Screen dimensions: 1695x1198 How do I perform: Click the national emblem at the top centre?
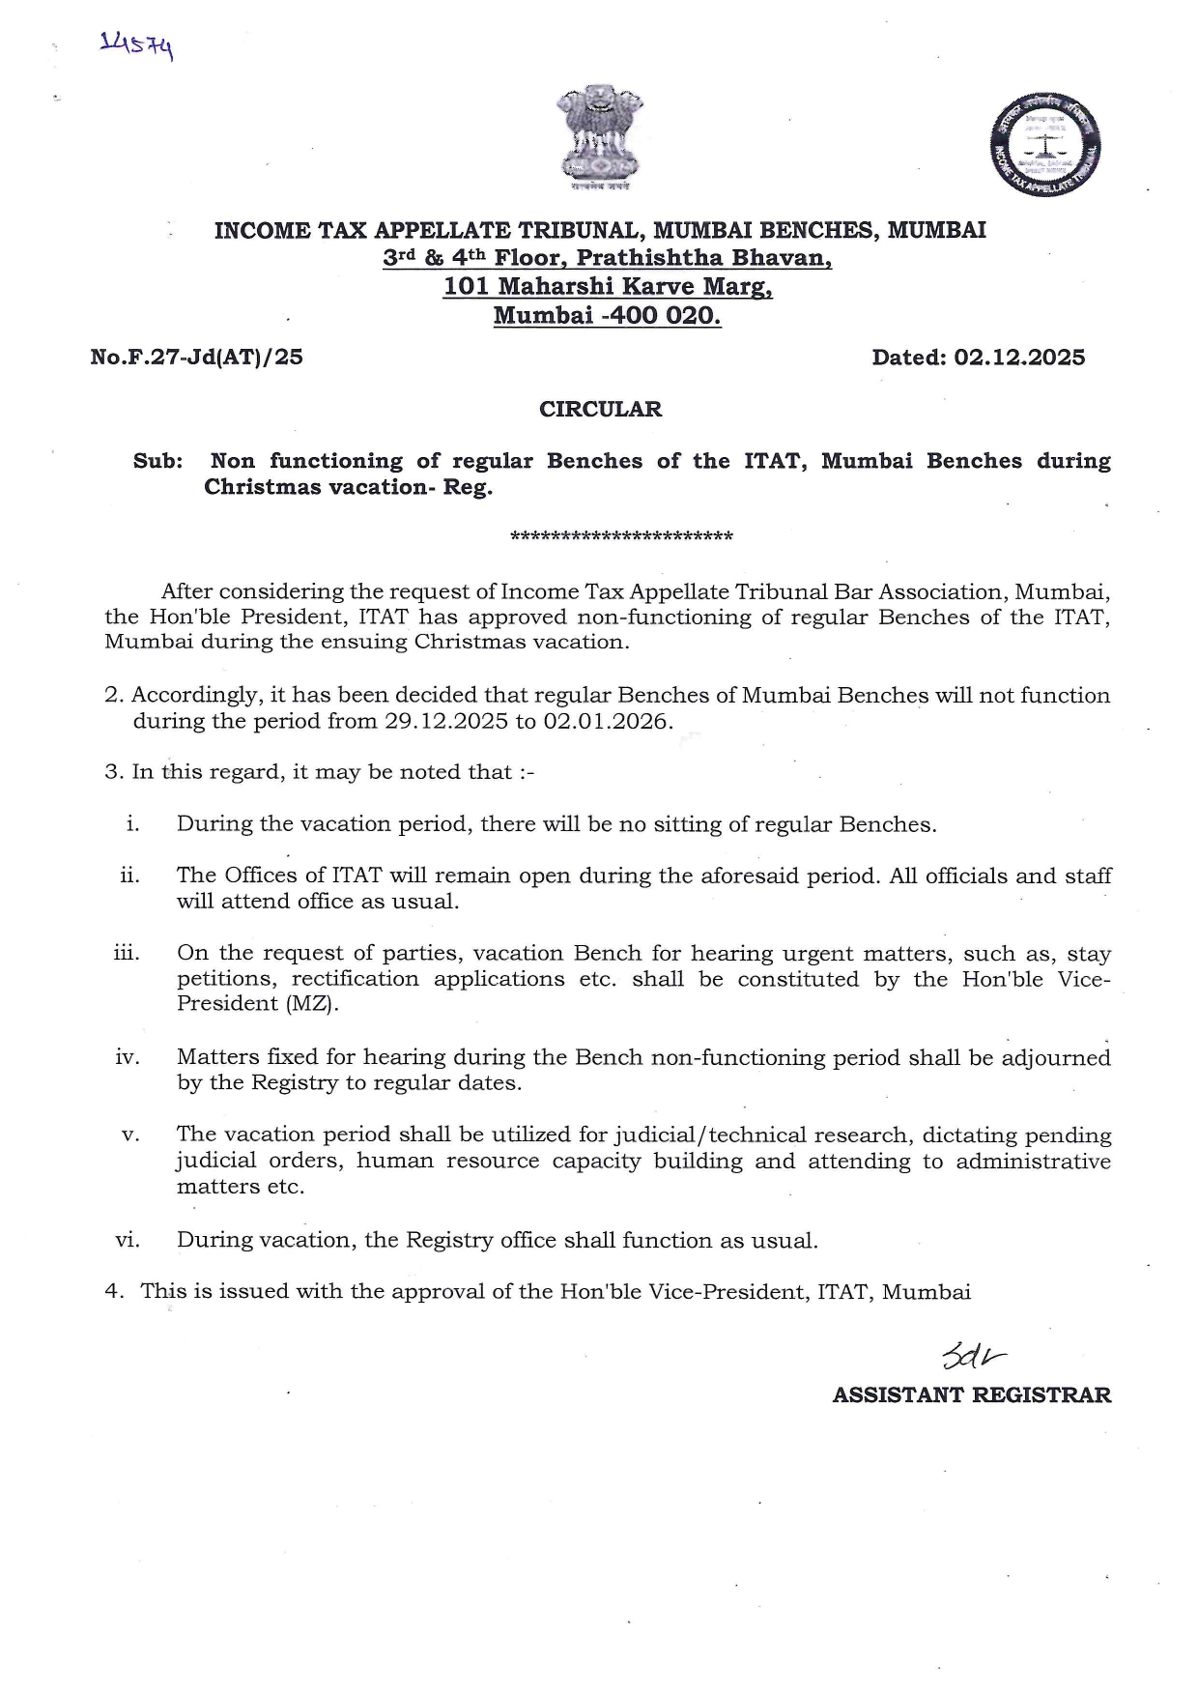click(x=599, y=138)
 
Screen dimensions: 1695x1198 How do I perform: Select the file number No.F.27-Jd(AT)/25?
click(x=196, y=358)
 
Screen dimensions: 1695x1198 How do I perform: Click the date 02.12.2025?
click(x=1019, y=358)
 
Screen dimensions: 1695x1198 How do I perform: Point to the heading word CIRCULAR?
click(x=600, y=410)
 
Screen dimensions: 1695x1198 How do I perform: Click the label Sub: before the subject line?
click(x=157, y=461)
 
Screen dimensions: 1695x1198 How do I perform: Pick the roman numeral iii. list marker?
click(x=127, y=953)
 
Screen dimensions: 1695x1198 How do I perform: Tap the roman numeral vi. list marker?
click(x=128, y=1240)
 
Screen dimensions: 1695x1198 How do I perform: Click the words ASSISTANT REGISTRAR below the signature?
click(x=972, y=1395)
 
